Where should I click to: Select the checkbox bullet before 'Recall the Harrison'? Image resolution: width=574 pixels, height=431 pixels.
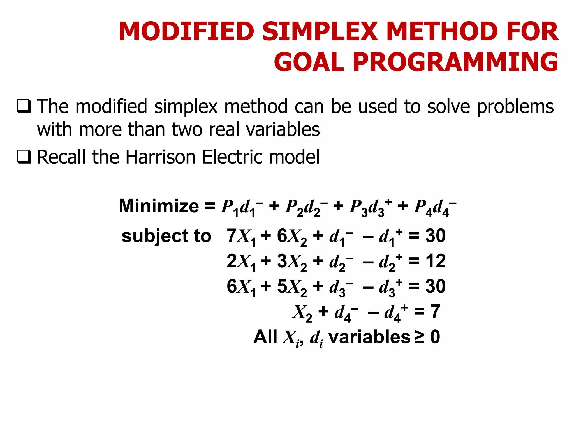(x=24, y=157)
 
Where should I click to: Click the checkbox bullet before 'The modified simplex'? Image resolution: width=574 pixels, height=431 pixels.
(x=24, y=106)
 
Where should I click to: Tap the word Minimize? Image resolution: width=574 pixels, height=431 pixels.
(x=159, y=206)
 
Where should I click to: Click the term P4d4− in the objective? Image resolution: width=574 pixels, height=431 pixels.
(x=435, y=207)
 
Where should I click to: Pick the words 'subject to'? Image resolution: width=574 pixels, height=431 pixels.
(x=166, y=236)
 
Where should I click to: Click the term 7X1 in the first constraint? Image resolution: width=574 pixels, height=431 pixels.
(x=241, y=237)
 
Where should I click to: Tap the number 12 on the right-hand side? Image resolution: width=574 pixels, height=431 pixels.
(x=436, y=261)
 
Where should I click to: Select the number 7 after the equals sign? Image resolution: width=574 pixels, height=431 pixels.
(x=435, y=311)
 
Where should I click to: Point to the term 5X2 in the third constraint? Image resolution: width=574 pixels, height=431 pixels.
(x=292, y=287)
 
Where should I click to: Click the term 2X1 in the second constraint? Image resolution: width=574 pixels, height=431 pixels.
(x=241, y=262)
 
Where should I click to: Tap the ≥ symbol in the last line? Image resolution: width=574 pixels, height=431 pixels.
(x=419, y=337)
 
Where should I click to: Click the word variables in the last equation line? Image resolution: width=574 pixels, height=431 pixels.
(x=369, y=337)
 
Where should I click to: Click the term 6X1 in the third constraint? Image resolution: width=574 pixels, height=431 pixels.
(x=241, y=287)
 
